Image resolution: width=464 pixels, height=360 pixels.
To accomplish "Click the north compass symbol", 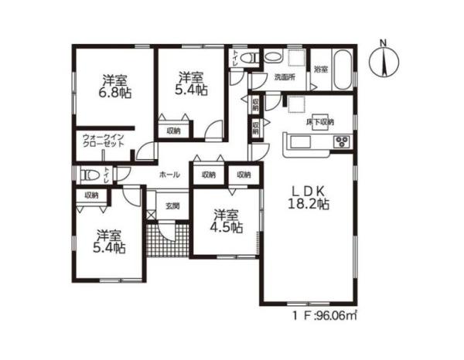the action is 384,61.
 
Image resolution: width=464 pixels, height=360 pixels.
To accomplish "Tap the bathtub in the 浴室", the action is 343,70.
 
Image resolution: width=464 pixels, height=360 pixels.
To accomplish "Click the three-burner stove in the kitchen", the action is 343,141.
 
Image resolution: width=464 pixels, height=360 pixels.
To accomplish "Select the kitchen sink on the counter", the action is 300,142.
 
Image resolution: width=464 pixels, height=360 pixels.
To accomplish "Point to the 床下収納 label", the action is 320,122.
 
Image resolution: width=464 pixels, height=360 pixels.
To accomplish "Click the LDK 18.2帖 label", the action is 309,198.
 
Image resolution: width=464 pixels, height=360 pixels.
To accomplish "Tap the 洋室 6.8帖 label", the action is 114,87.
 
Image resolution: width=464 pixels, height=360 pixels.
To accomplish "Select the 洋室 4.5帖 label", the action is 226,222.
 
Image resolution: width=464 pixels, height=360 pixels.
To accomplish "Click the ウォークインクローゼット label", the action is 104,141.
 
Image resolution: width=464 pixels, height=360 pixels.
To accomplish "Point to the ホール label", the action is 169,175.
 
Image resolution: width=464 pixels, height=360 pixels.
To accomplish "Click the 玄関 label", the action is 172,206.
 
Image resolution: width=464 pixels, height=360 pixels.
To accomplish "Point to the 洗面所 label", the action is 285,77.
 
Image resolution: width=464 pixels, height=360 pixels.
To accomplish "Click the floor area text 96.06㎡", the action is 336,316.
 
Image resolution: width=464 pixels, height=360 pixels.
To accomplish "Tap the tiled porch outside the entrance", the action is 168,240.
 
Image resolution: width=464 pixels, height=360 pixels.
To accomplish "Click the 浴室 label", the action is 321,70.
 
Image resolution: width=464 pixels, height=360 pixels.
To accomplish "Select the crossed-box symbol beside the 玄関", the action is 150,215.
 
